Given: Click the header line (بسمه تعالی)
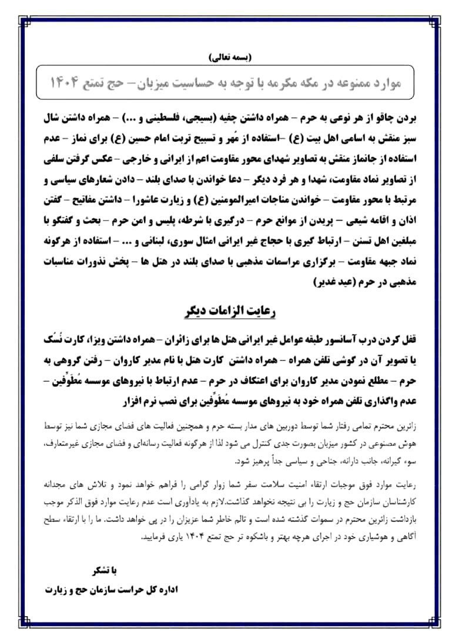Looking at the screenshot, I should (229, 58).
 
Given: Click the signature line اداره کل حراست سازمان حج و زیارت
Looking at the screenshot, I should (114, 588).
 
